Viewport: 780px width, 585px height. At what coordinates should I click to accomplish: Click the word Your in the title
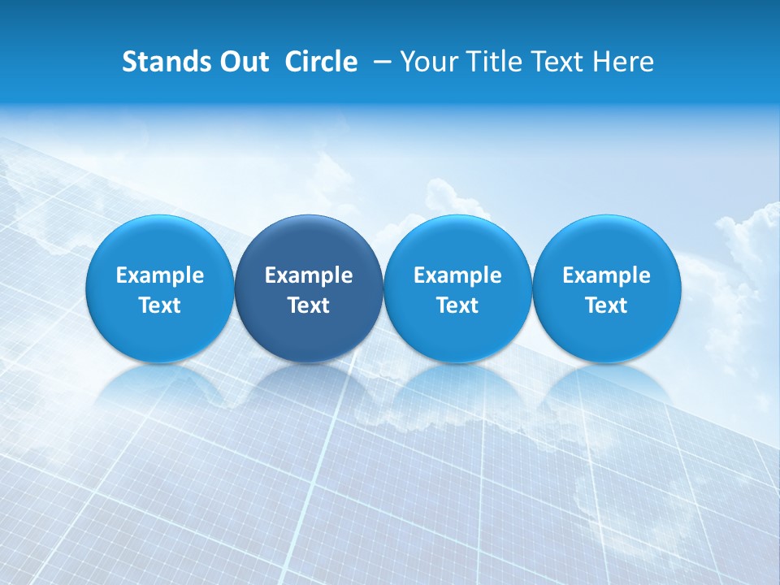431,62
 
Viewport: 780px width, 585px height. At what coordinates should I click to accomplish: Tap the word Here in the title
622,62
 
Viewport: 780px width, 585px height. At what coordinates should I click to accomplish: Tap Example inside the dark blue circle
309,275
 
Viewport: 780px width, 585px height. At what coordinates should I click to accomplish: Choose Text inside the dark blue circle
309,305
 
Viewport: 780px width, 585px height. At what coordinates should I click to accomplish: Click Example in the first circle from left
159,275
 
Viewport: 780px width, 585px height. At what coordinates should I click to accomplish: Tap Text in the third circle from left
457,305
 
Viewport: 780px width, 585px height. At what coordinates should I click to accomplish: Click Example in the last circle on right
606,275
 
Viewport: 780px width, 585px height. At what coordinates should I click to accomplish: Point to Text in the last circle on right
606,305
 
